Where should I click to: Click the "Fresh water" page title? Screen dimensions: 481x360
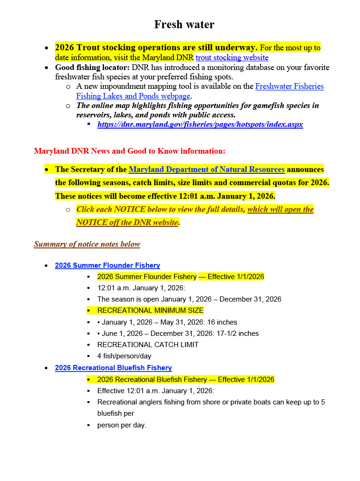184,24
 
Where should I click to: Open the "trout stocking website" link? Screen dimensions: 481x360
232,58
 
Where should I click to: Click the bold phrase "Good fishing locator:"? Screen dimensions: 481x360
89,68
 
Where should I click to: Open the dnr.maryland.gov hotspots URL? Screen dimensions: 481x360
200,124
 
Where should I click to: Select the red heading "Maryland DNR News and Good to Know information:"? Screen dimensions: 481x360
130,151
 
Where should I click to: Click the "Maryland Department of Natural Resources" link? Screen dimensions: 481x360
207,170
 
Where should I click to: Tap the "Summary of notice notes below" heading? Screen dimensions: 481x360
87,244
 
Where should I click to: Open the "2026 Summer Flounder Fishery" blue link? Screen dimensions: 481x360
107,265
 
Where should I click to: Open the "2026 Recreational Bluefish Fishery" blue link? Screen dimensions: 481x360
113,368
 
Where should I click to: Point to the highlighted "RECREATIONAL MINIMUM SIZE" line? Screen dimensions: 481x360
150,310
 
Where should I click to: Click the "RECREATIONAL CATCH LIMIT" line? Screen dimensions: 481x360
147,345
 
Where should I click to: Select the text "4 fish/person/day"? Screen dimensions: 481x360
124,356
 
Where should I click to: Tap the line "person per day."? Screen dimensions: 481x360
122,425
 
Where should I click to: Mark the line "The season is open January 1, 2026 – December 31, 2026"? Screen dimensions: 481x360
189,299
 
